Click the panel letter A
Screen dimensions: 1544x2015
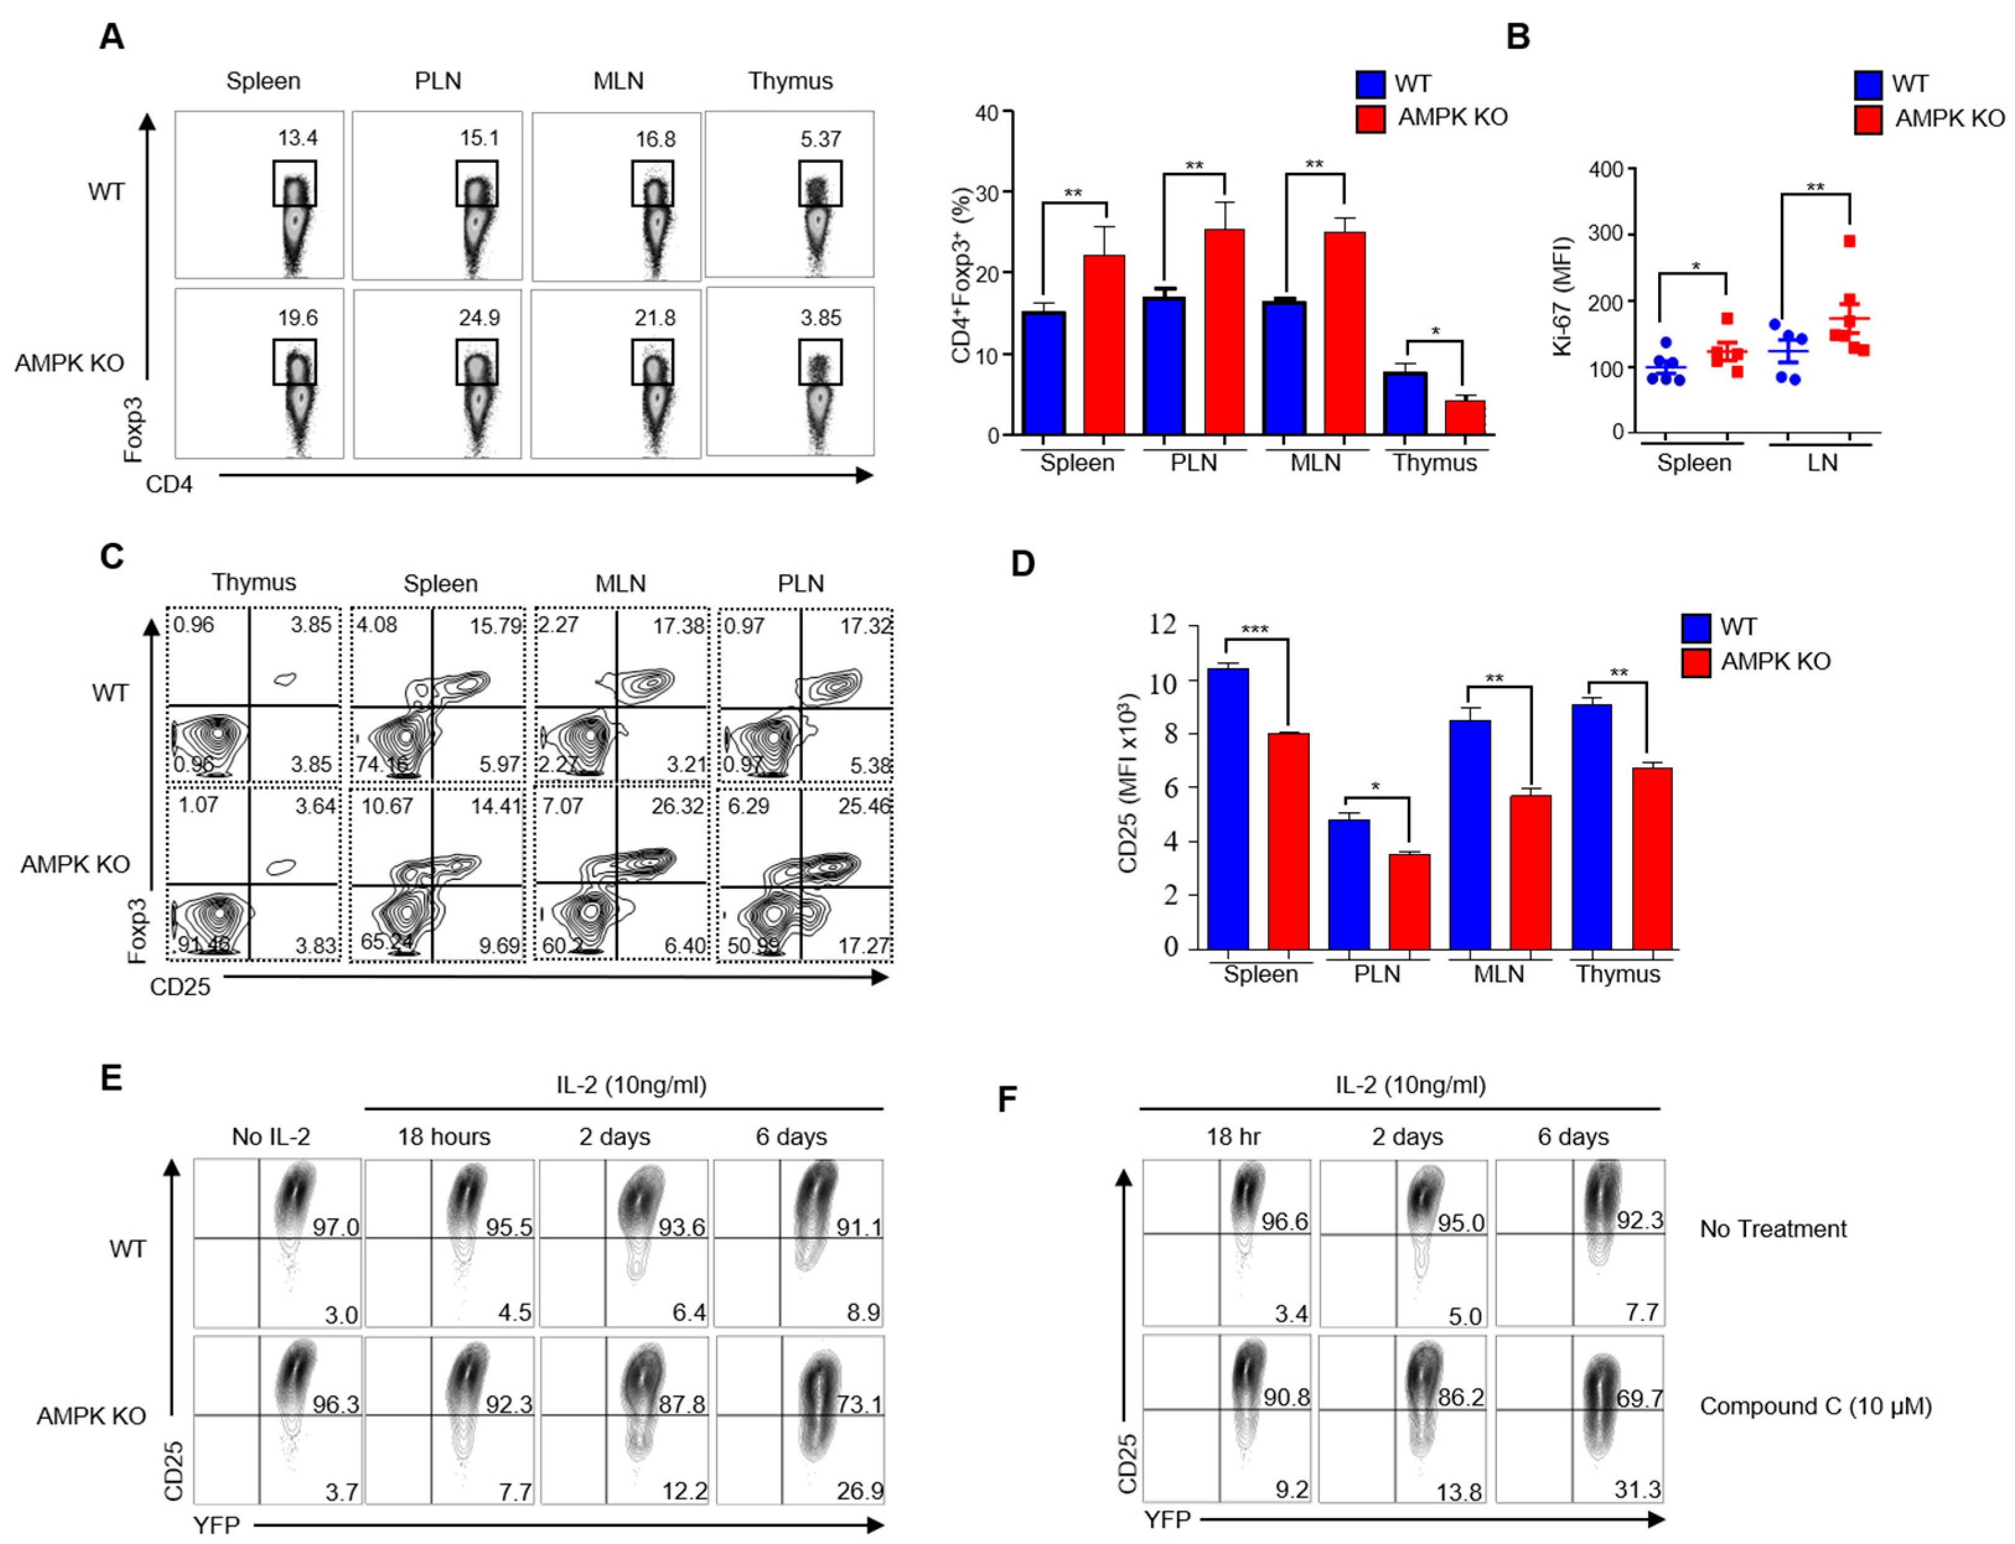click(x=112, y=37)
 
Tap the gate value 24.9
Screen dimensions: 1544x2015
click(x=479, y=318)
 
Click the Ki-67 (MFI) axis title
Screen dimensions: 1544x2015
click(x=1561, y=296)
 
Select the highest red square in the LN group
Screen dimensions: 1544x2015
click(x=1850, y=242)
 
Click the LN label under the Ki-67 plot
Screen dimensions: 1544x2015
click(x=1822, y=462)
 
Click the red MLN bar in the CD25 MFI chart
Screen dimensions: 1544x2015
click(x=1530, y=871)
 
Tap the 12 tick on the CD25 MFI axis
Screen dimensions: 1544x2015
click(x=1164, y=625)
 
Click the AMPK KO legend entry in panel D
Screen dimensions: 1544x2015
click(x=1775, y=661)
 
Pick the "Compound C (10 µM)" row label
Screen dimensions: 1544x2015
click(x=1815, y=1406)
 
